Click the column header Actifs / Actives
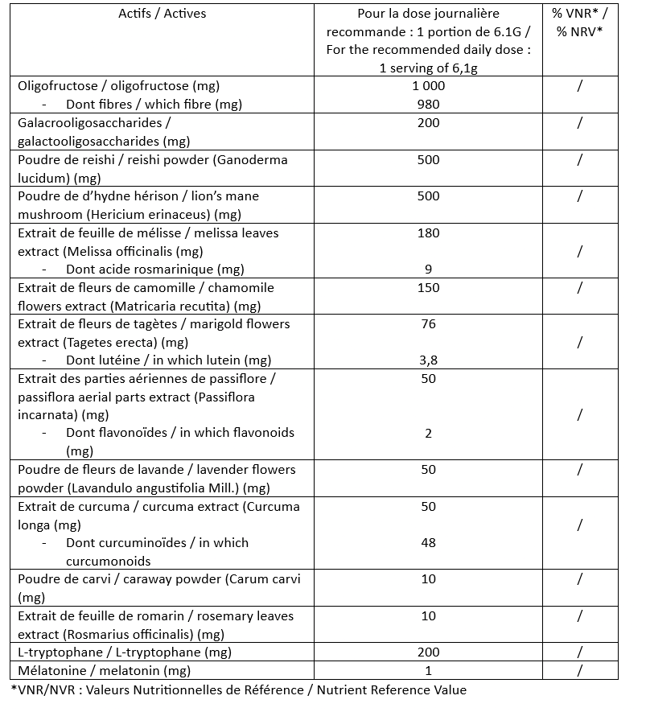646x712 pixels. [x=162, y=14]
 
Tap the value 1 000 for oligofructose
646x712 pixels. [x=428, y=86]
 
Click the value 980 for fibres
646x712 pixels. [x=428, y=104]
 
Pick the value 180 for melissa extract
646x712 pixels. [x=428, y=233]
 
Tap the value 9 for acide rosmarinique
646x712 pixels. [x=428, y=270]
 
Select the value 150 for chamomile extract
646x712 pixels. [x=428, y=288]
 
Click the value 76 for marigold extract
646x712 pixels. [x=428, y=324]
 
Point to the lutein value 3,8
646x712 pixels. [x=428, y=360]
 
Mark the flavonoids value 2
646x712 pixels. [x=428, y=434]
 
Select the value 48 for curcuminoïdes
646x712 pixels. [x=428, y=543]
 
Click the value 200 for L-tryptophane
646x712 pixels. [x=428, y=652]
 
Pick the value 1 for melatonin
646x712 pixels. [x=428, y=670]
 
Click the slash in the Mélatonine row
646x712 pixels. [x=579, y=670]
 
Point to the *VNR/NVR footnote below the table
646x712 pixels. [x=239, y=689]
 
